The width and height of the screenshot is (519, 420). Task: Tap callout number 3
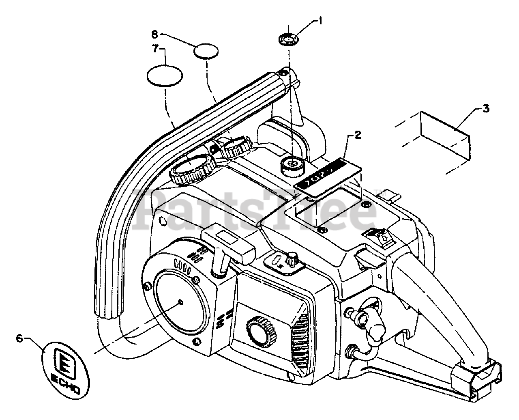point(486,108)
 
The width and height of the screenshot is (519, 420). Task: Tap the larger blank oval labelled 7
point(164,75)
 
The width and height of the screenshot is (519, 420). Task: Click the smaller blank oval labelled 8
point(206,52)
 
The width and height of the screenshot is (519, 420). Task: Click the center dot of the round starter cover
point(181,302)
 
